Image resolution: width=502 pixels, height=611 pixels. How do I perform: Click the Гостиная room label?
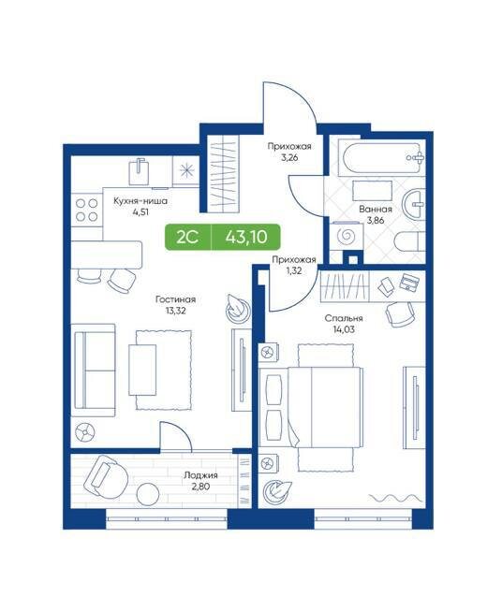[x=175, y=299]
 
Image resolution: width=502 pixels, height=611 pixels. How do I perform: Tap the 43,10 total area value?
[x=246, y=237]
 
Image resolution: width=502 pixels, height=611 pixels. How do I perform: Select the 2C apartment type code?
[x=187, y=237]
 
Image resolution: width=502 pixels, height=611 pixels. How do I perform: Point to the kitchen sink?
[x=139, y=171]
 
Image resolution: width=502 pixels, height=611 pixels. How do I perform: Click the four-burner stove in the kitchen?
[x=86, y=210]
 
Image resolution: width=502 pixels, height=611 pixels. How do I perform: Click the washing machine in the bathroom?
[x=346, y=236]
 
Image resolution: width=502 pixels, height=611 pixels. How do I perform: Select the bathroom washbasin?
[x=414, y=204]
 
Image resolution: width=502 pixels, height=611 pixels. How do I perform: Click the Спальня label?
[x=344, y=318]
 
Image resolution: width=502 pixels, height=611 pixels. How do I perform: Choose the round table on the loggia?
[x=148, y=494]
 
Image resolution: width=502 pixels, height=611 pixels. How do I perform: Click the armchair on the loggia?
[x=106, y=477]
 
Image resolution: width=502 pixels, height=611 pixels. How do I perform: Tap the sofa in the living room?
[x=93, y=371]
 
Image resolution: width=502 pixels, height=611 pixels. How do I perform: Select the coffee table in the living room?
[x=142, y=370]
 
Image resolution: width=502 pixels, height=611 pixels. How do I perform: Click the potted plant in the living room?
[x=237, y=308]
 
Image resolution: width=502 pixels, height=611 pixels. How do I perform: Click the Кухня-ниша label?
[x=140, y=201]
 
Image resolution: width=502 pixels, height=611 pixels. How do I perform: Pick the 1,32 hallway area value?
[x=293, y=271]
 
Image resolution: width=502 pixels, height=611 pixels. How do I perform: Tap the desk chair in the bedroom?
[x=400, y=313]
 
